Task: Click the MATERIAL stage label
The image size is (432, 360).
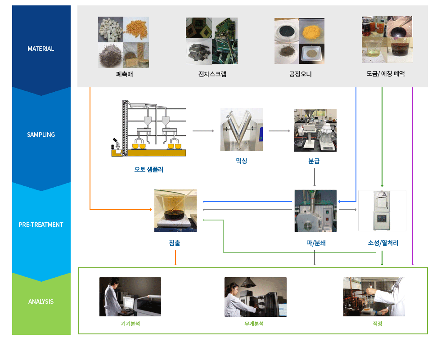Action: pyautogui.click(x=41, y=49)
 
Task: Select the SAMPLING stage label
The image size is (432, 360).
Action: pyautogui.click(x=41, y=135)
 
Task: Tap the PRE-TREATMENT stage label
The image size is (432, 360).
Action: pyautogui.click(x=41, y=225)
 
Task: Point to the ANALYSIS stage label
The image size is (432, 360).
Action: pyautogui.click(x=41, y=301)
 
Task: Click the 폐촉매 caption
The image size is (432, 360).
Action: pyautogui.click(x=124, y=74)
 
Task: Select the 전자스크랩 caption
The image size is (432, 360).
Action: pyautogui.click(x=212, y=74)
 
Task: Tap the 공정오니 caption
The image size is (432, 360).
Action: pyautogui.click(x=300, y=74)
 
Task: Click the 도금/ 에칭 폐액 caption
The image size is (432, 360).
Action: pyautogui.click(x=386, y=73)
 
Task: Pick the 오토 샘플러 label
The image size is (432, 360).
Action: pyautogui.click(x=149, y=169)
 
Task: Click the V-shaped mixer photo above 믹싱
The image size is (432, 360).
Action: pyautogui.click(x=242, y=130)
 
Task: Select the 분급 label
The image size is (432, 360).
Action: pyautogui.click(x=314, y=161)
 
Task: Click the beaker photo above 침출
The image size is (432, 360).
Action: pyautogui.click(x=175, y=211)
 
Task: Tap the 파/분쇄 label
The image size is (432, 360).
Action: pyautogui.click(x=316, y=243)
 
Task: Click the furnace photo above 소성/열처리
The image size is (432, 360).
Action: pyautogui.click(x=382, y=211)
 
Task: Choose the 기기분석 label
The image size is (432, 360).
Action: pyautogui.click(x=130, y=324)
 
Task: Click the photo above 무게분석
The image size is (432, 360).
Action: pyautogui.click(x=256, y=297)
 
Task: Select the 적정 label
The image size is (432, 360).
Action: pyautogui.click(x=378, y=324)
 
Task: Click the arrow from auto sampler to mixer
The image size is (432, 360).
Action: pyautogui.click(x=203, y=131)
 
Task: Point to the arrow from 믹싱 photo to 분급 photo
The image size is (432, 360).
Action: pyautogui.click(x=279, y=131)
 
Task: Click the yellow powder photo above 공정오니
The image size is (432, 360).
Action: pyautogui.click(x=311, y=31)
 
